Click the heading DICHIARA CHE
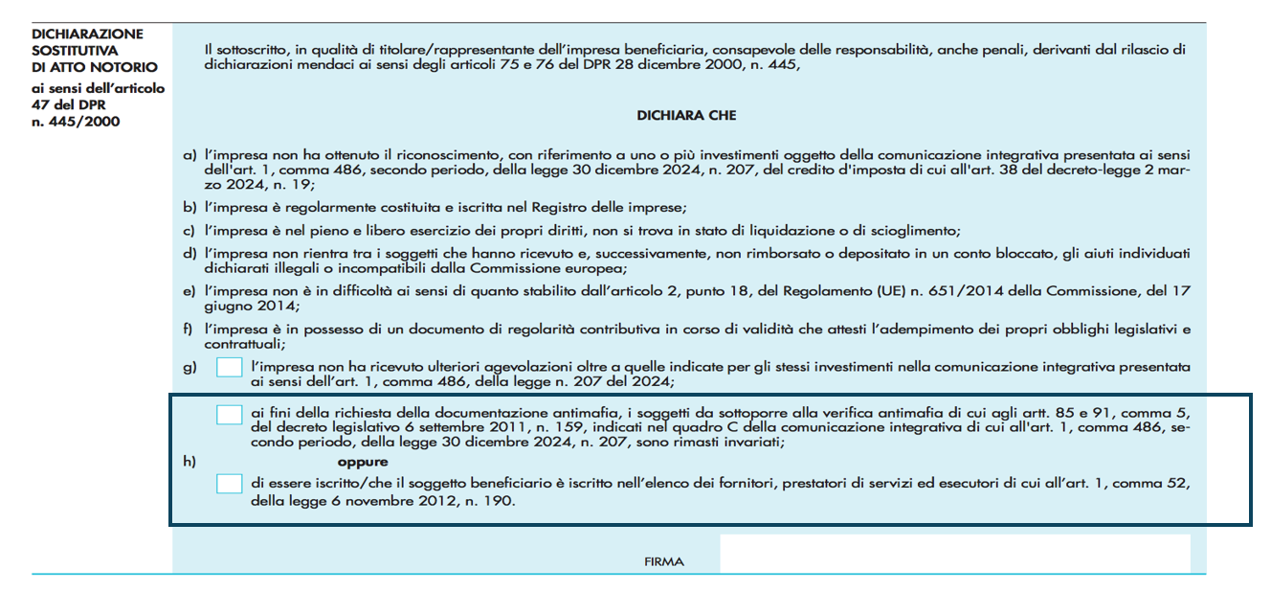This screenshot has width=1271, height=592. coord(685,116)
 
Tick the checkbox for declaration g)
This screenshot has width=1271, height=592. coord(229,368)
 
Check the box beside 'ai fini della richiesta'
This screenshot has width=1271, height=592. coord(229,414)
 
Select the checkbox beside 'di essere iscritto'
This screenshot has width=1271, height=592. coord(229,484)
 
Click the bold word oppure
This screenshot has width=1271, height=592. coord(363,462)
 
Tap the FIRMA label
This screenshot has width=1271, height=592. coord(665,562)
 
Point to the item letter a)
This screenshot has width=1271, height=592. coord(189,154)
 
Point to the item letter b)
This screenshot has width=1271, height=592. coord(189,208)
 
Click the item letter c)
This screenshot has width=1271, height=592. coord(189,231)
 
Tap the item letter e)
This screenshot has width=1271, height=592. coord(189,290)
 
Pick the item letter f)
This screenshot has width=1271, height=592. coord(189,330)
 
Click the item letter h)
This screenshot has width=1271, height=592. coord(189,462)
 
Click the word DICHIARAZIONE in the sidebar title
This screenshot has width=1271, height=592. coord(87,34)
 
